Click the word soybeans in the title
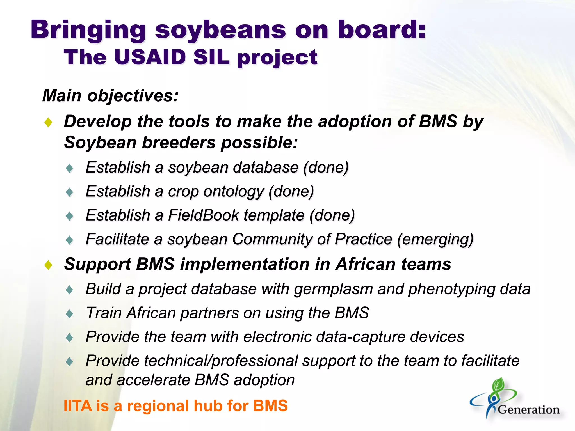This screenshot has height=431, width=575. pyautogui.click(x=220, y=30)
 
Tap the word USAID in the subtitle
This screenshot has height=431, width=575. pyautogui.click(x=150, y=57)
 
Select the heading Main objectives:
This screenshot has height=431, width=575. pyautogui.click(x=110, y=96)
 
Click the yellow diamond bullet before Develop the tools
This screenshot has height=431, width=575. pyautogui.click(x=49, y=122)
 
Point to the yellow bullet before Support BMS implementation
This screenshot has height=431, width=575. pyautogui.click(x=49, y=265)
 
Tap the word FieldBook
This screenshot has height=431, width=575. pyautogui.click(x=203, y=215)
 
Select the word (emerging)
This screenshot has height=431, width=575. pyautogui.click(x=435, y=240)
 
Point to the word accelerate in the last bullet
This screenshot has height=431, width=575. pyautogui.click(x=153, y=380)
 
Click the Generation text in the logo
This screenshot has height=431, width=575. pyautogui.click(x=529, y=410)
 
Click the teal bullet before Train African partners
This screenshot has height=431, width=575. pyautogui.click(x=69, y=314)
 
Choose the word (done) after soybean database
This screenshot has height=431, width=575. pyautogui.click(x=326, y=168)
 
